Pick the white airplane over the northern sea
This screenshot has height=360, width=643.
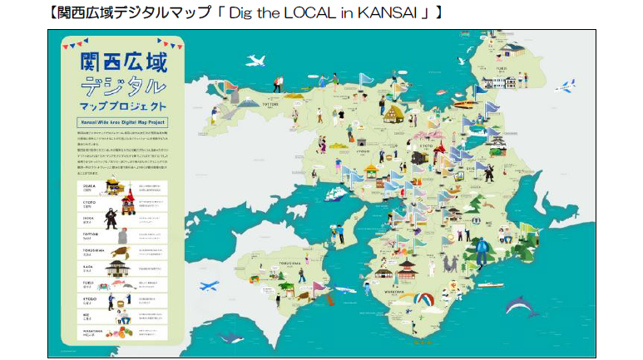(x=255, y=60)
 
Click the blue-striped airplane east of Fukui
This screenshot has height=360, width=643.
(x=567, y=85)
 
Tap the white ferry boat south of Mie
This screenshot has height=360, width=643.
(x=490, y=285)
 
